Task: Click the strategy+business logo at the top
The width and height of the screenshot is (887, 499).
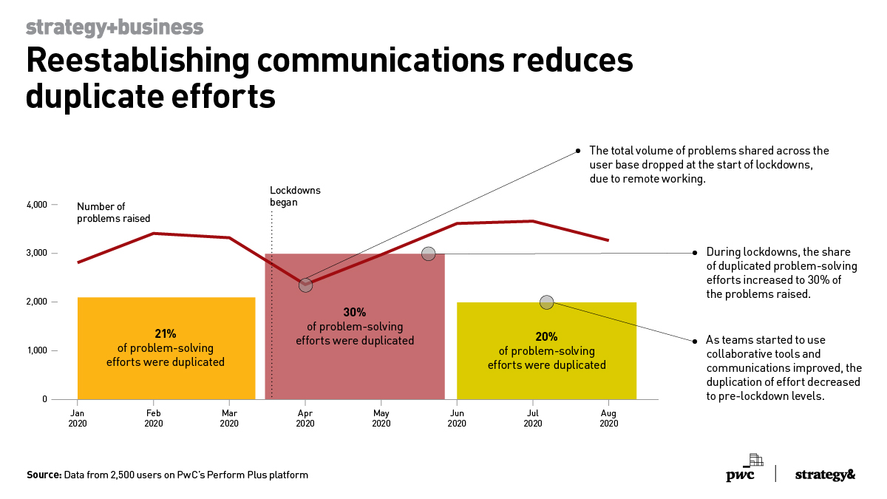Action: click(115, 27)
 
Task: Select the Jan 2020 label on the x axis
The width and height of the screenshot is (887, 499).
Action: click(78, 418)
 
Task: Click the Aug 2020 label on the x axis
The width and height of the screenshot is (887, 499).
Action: click(608, 418)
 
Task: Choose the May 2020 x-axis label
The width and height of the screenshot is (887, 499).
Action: click(381, 418)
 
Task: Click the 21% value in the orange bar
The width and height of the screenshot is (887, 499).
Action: click(166, 334)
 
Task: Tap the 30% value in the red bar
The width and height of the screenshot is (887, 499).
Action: click(355, 312)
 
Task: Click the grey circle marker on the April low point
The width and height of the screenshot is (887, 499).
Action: click(305, 285)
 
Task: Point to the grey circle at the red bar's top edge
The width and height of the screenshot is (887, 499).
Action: click(428, 254)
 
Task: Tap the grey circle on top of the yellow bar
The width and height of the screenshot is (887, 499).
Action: click(546, 302)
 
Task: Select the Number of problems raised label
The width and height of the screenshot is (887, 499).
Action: click(114, 213)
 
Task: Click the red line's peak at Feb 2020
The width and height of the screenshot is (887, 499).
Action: click(154, 234)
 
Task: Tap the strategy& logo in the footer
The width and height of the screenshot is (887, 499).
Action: click(825, 475)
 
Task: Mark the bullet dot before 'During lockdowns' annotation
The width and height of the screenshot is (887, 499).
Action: click(695, 253)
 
